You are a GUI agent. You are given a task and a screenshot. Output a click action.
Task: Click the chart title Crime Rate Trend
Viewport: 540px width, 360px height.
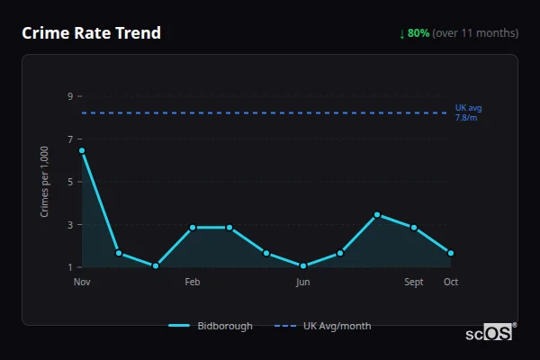92,33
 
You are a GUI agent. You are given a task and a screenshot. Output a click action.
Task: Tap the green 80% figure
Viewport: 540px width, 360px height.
418,33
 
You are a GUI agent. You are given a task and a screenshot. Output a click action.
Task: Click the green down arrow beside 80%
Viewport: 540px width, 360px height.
402,33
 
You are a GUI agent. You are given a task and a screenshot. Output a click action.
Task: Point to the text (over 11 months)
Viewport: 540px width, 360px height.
475,33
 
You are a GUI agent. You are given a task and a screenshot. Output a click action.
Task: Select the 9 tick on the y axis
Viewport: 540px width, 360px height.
69,95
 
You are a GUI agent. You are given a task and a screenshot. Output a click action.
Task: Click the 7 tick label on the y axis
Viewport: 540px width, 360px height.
69,139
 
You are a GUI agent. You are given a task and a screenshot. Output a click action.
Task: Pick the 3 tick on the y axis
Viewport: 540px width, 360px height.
69,224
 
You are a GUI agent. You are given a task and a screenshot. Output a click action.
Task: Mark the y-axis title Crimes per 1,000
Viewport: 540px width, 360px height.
45,182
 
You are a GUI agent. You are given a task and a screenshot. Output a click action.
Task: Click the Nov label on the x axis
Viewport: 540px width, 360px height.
82,282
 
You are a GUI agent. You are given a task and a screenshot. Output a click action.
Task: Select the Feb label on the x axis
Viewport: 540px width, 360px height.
193,282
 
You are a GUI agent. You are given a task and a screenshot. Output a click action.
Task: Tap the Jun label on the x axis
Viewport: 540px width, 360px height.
303,282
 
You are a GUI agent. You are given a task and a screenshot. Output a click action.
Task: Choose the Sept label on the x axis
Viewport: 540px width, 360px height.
414,282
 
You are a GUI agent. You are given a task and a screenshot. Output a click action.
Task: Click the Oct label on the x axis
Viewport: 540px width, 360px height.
451,282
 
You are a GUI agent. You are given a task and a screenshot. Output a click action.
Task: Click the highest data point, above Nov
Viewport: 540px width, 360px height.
82,150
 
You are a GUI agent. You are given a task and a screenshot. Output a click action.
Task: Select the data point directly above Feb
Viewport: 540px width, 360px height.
193,228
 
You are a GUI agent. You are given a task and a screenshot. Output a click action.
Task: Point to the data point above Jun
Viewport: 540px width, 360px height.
303,265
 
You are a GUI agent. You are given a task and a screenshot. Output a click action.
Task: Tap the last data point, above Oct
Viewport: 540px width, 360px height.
451,253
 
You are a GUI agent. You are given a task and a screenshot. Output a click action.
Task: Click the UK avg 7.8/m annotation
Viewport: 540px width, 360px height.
468,112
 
